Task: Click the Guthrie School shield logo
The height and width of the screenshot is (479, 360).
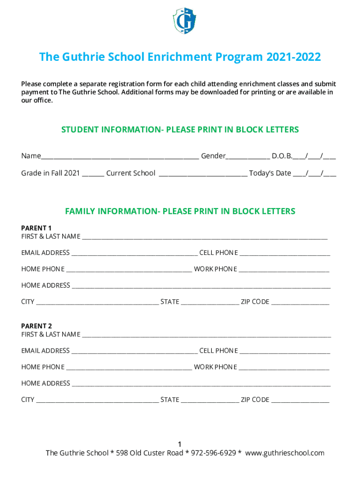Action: tap(184, 21)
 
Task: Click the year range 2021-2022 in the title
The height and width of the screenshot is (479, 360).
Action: tap(294, 57)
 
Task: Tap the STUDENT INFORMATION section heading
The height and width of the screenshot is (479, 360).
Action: tap(180, 130)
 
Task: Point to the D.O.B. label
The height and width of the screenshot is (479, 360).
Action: tap(282, 156)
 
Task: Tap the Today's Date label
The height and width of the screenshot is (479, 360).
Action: tap(270, 173)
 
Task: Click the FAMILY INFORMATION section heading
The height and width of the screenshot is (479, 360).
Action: tap(180, 211)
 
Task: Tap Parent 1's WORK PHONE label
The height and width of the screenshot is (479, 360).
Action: tap(216, 269)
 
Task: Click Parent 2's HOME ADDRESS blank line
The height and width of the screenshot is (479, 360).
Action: tap(201, 385)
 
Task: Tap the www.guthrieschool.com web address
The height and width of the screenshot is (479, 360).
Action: tap(284, 453)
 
